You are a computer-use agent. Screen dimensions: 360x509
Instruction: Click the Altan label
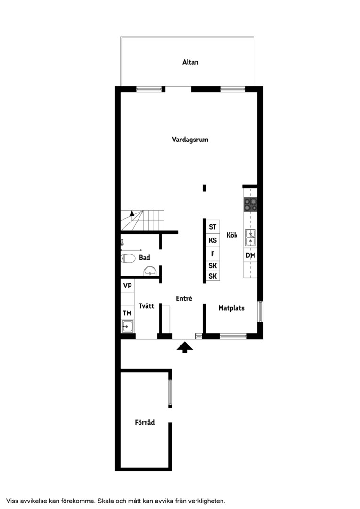click(190, 62)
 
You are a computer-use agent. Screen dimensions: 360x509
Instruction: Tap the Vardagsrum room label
click(190, 140)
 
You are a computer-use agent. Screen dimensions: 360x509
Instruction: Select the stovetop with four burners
click(251, 205)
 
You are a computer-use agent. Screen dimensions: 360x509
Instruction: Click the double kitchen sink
click(250, 238)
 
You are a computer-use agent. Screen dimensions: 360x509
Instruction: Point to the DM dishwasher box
click(250, 255)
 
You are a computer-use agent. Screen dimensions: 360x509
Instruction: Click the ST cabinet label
click(213, 227)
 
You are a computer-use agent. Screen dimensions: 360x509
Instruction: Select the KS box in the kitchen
click(213, 240)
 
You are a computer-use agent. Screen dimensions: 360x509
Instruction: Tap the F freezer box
click(213, 254)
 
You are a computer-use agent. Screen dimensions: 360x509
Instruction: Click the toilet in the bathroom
click(128, 258)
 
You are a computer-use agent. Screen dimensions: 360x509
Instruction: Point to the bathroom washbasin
click(150, 271)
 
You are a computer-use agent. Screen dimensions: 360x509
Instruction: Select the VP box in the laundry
click(128, 286)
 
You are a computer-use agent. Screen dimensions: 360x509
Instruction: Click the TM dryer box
click(127, 313)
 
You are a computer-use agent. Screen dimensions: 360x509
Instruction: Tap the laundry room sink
click(127, 326)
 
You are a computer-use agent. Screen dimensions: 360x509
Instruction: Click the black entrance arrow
click(185, 347)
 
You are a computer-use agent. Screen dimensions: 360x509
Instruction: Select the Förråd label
click(145, 422)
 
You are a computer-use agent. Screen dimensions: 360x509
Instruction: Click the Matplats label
click(231, 308)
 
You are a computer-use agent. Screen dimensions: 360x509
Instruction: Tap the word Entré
click(184, 298)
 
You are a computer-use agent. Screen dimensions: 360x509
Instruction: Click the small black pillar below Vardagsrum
click(204, 188)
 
